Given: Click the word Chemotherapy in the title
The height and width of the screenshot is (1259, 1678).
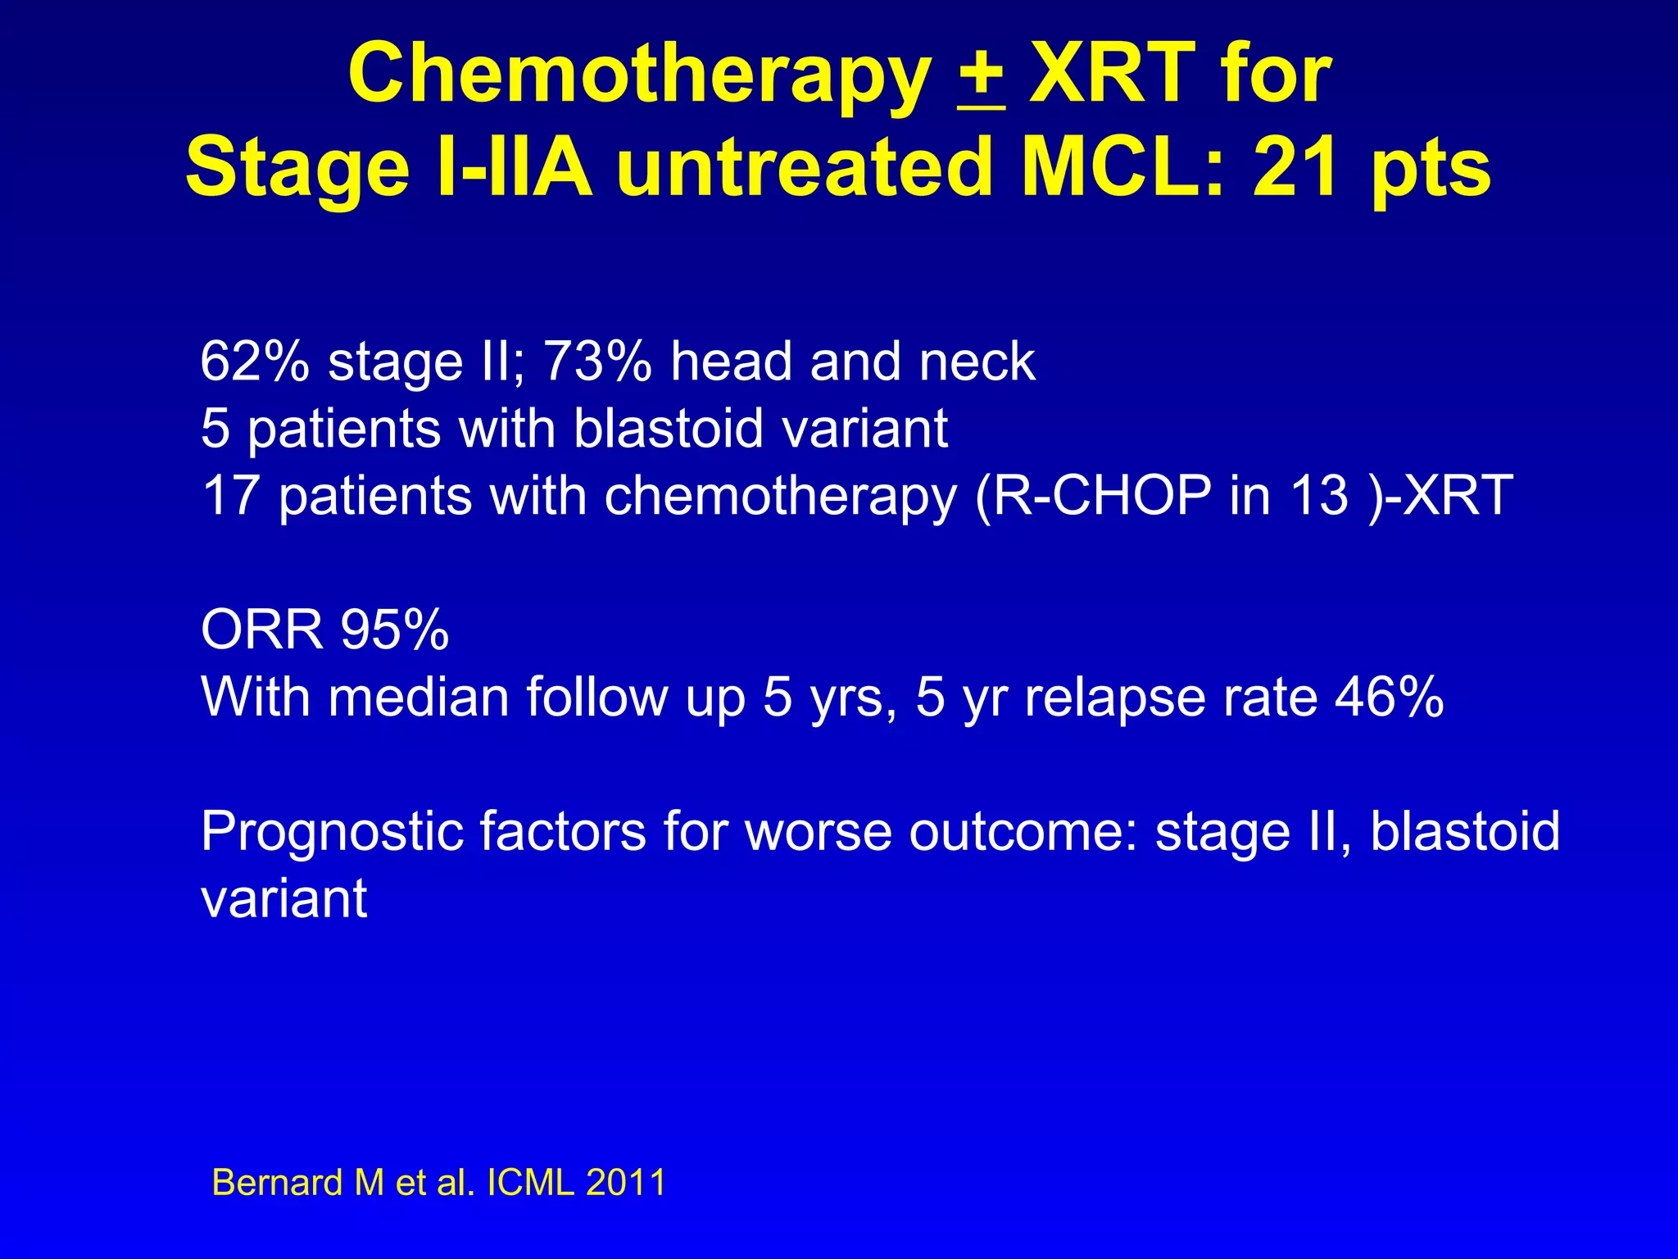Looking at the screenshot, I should coord(639,75).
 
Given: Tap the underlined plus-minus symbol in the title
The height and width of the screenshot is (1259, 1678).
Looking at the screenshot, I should coord(980,75).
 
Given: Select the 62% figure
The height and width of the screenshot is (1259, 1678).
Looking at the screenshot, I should coord(255,361).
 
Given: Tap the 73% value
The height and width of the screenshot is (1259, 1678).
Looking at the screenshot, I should coord(597,361).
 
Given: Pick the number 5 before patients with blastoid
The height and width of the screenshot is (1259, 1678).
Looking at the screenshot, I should coord(215,429).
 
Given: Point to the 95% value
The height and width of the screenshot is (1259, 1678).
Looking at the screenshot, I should coord(395,630).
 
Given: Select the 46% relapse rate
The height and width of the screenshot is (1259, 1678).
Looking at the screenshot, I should coord(1389,698).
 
